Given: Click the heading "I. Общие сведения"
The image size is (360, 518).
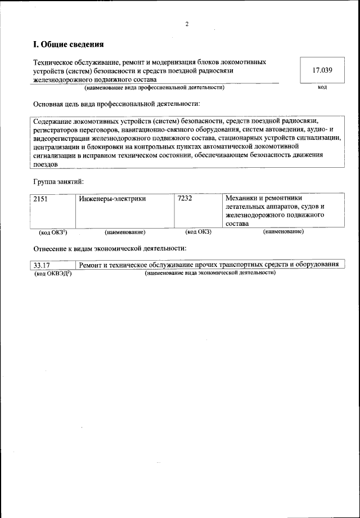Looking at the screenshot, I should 69,44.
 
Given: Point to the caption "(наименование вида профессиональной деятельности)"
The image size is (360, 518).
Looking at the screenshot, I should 154,88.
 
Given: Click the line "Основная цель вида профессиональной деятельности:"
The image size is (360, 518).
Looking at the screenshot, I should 116,104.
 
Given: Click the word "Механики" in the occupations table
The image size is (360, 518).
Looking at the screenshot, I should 242,198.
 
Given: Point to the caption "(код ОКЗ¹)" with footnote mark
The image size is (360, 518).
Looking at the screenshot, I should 53,232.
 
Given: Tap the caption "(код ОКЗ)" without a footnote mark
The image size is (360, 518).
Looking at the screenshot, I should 198,231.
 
